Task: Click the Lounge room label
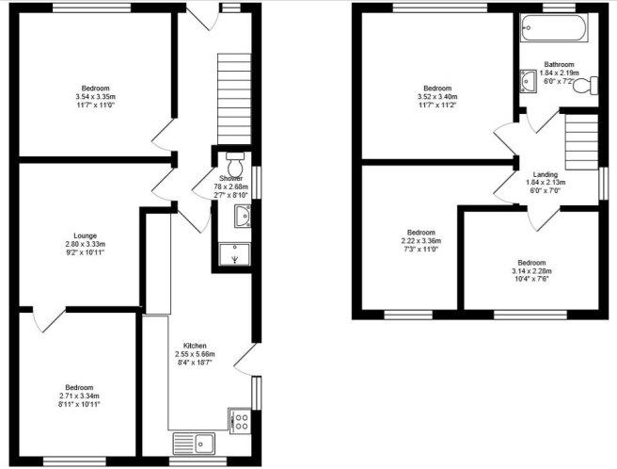[x=85, y=235]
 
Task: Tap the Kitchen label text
[x=196, y=346]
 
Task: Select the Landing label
[x=545, y=174]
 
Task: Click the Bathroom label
[x=559, y=64]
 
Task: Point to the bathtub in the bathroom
[x=554, y=27]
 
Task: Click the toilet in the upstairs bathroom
[x=585, y=86]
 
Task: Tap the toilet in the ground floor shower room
[x=235, y=165]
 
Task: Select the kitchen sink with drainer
[x=195, y=444]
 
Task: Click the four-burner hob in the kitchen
[x=240, y=421]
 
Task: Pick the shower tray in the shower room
[x=234, y=254]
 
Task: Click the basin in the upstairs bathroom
[x=528, y=81]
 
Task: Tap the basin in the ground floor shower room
[x=244, y=216]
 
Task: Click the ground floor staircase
[x=234, y=99]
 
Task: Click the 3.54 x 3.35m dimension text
[x=96, y=97]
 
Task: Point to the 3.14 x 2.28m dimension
[x=531, y=271]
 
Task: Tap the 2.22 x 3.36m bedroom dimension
[x=421, y=241]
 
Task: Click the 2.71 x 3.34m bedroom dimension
[x=79, y=396]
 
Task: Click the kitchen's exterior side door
[x=248, y=359]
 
